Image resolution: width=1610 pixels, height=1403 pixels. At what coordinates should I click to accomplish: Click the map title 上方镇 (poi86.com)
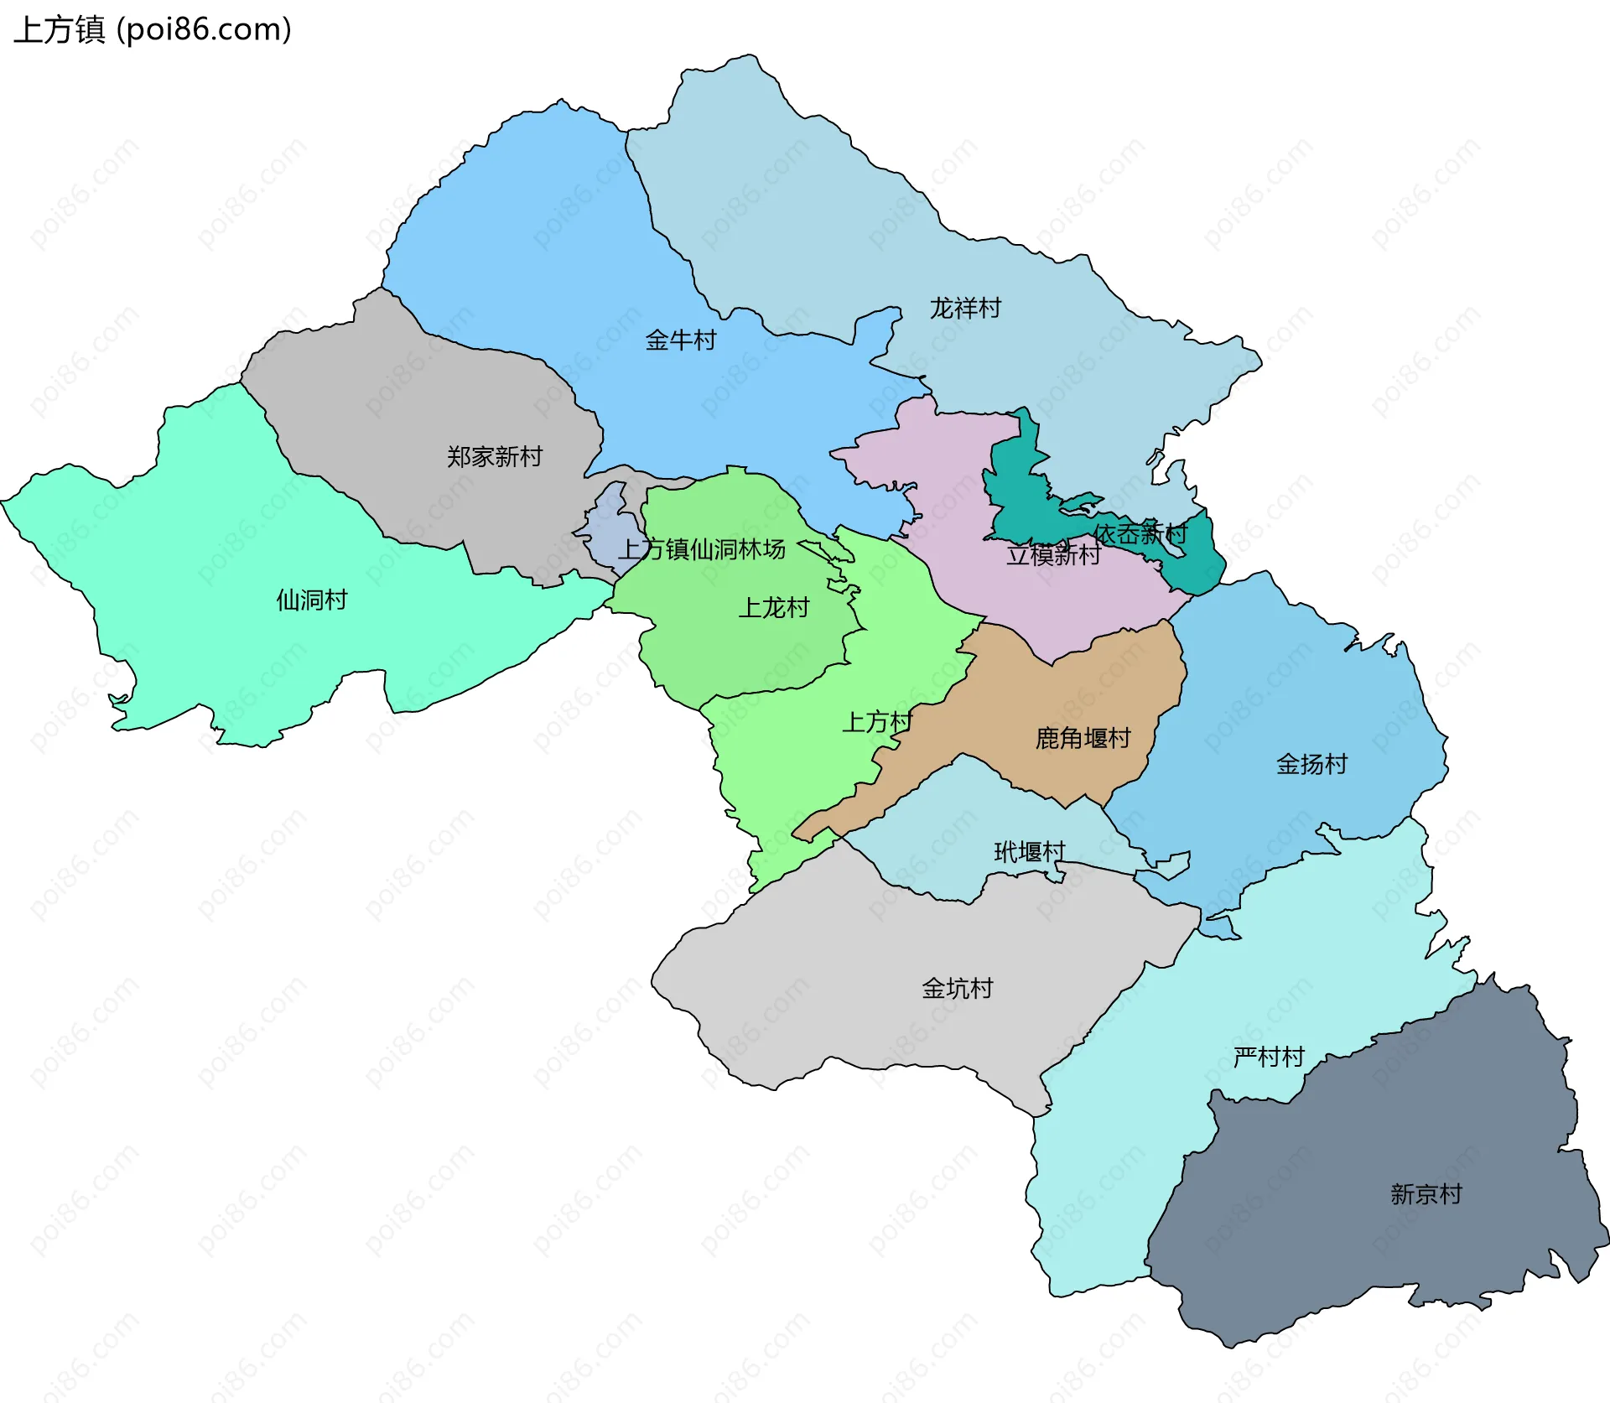point(153,29)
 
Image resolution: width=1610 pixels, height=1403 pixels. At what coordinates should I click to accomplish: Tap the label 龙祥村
point(965,309)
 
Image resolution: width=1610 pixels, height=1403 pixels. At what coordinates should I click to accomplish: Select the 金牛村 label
point(680,340)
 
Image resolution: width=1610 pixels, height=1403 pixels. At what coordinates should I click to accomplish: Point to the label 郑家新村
point(494,456)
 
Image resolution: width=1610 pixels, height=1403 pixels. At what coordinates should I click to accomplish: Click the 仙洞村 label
point(312,600)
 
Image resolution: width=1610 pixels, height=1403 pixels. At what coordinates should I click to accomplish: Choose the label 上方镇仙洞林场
point(702,549)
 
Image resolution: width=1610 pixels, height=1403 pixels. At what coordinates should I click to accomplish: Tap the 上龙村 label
point(773,607)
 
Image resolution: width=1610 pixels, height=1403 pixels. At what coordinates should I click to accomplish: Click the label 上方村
point(876,721)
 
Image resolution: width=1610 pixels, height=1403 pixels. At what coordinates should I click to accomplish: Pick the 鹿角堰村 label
point(1083,738)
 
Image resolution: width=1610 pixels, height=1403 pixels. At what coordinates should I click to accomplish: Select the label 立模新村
point(1053,554)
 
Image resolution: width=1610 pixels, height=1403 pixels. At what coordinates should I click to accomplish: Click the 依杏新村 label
point(1140,534)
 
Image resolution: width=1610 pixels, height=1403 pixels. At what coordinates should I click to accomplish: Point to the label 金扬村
point(1311,764)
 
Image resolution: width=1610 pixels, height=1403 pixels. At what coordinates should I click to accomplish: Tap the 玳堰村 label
point(1029,852)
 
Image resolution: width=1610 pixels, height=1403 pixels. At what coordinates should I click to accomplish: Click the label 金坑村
point(957,988)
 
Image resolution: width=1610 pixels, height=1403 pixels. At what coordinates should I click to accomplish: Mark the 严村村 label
point(1269,1057)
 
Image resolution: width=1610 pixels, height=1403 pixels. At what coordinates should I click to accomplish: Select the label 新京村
point(1426,1193)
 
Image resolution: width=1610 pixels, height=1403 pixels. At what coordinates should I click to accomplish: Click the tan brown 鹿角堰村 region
point(1090,696)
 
